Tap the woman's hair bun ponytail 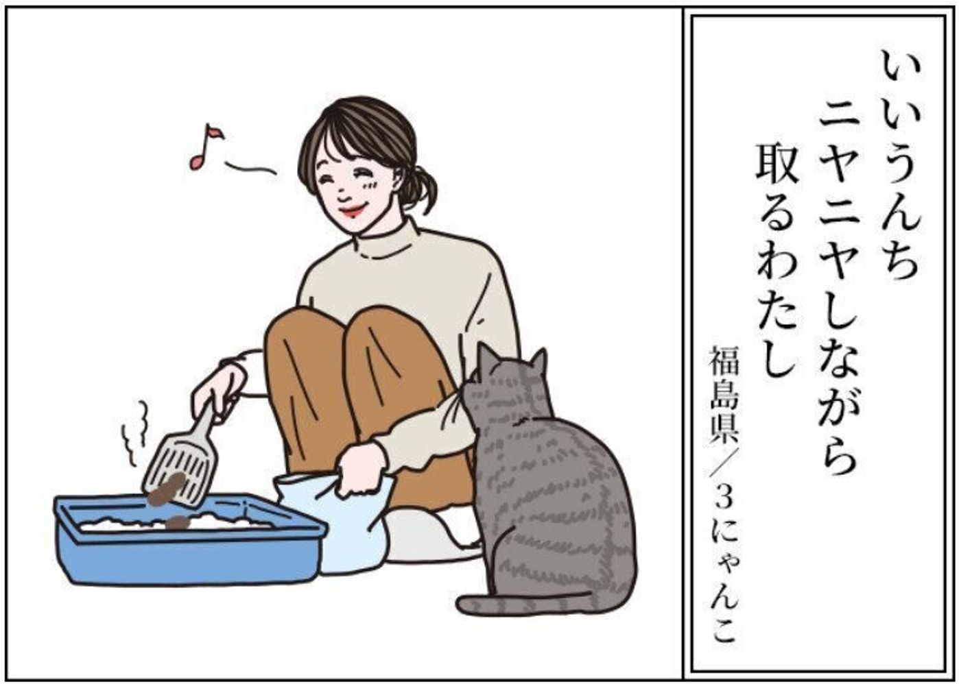pyautogui.click(x=418, y=188)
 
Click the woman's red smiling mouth pyautogui.click(x=352, y=210)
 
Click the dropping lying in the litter pyautogui.click(x=178, y=522)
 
